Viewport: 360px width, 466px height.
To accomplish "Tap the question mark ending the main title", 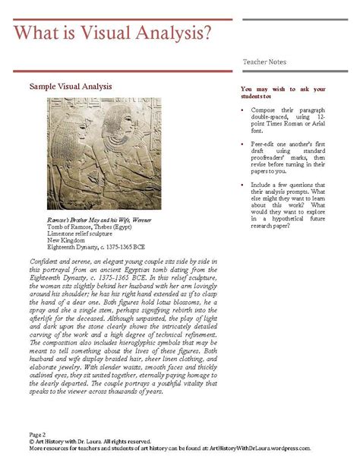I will coord(205,33).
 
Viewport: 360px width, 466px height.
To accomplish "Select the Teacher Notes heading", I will coord(265,60).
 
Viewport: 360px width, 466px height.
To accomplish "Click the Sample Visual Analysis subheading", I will coord(70,87).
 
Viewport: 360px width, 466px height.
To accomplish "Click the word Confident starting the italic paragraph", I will coord(43,261).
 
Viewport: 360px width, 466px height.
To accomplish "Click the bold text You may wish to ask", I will coord(272,89).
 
